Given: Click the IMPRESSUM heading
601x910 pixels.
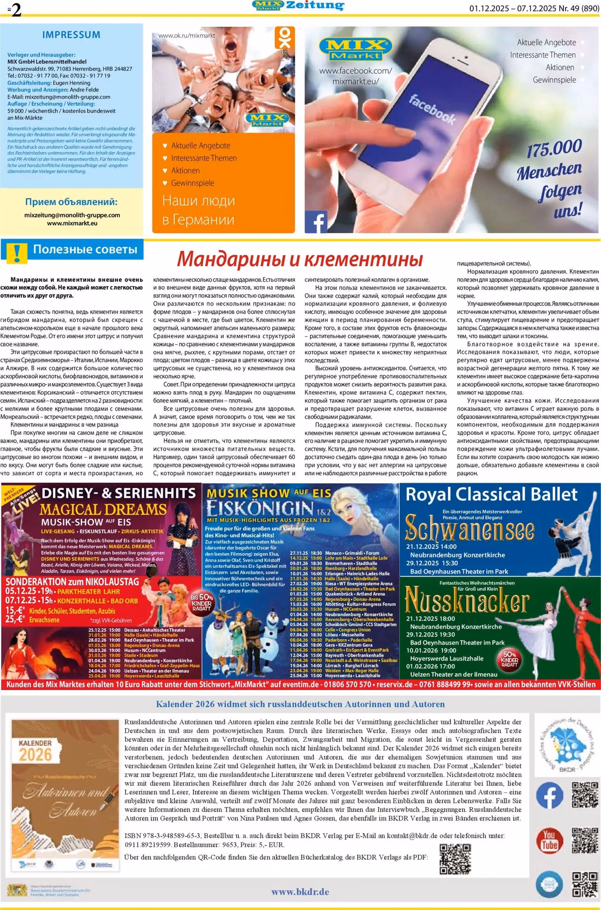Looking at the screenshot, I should pyautogui.click(x=71, y=34).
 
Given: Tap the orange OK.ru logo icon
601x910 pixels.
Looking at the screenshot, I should pyautogui.click(x=284, y=38).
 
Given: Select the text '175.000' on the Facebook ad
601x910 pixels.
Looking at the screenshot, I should pyautogui.click(x=554, y=148).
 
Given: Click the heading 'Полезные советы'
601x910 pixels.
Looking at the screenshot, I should pyautogui.click(x=85, y=250).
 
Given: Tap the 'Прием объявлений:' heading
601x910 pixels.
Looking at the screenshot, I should pyautogui.click(x=71, y=202).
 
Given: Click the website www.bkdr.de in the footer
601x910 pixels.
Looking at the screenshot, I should pyautogui.click(x=300, y=892).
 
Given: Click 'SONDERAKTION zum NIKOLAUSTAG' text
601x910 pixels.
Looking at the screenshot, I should pyautogui.click(x=72, y=582).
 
